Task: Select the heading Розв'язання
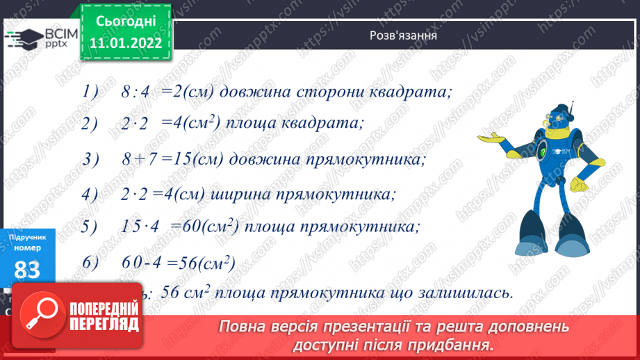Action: tap(403, 35)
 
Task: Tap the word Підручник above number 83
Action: tap(28, 237)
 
